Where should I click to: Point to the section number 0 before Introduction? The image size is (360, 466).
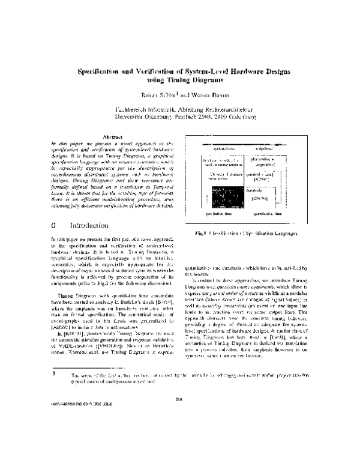[x=53, y=192]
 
